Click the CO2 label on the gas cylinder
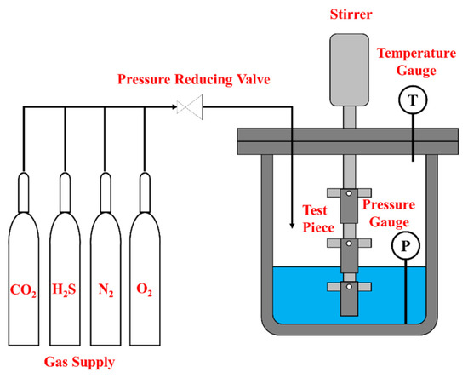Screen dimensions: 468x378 23,290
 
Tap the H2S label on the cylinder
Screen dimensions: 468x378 64,289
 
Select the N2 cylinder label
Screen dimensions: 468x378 106,290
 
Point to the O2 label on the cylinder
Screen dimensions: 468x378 144,289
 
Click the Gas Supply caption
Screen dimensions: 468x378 79,363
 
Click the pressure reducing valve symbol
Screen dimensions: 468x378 190,107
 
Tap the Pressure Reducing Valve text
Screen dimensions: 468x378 194,79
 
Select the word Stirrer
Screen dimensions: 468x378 351,14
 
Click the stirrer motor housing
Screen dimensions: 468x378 349,70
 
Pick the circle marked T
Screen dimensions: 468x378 413,100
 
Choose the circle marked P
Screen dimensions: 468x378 406,245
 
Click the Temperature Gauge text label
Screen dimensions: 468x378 417,62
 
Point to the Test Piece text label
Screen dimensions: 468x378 318,219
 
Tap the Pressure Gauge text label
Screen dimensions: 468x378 389,213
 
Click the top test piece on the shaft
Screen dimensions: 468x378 349,206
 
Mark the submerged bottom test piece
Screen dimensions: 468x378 349,299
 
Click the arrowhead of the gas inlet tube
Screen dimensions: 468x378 292,226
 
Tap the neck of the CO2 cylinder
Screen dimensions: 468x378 24,192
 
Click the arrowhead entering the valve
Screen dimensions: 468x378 175,106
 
